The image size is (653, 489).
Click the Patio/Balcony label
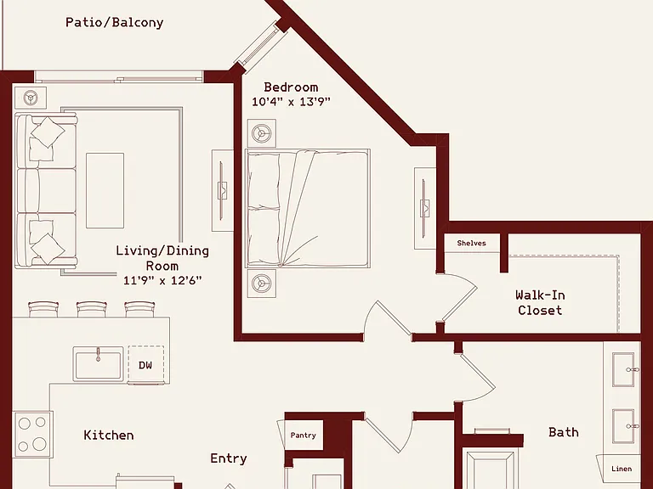pos(114,22)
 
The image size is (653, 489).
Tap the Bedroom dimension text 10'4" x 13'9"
pos(291,102)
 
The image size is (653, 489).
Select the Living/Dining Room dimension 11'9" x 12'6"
pos(162,280)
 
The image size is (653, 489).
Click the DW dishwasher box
pos(145,365)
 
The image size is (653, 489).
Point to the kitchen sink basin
pos(99,364)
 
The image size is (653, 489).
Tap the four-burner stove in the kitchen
pos(32,435)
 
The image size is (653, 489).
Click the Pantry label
pos(304,436)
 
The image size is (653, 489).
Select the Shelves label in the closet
pos(471,244)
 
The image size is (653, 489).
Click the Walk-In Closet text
pos(540,303)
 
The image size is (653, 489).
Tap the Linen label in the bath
pos(622,469)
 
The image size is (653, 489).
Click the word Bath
pos(564,432)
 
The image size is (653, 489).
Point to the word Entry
pos(229,458)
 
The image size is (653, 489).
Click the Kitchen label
pos(109,436)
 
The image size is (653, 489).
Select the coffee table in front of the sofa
pos(105,190)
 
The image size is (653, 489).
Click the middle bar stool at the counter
pos(92,309)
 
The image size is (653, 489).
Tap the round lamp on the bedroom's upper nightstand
pos(262,133)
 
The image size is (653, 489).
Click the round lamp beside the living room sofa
pos(31,98)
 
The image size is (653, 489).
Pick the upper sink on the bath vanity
pos(624,369)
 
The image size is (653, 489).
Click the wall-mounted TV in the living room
pos(222,190)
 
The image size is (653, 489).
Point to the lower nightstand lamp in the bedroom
pos(262,284)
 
